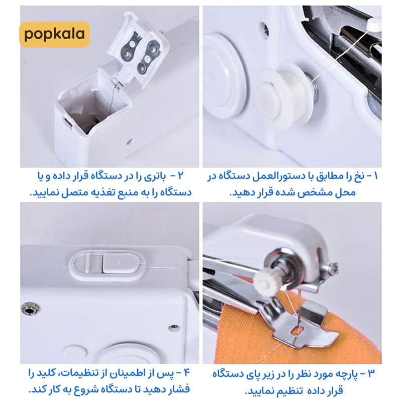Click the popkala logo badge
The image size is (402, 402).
coord(55,35)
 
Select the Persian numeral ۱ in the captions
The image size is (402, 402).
coord(376,176)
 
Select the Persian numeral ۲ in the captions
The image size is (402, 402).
coord(181,176)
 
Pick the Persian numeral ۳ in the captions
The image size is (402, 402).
coord(371,373)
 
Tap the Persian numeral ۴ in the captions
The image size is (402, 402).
coord(186,373)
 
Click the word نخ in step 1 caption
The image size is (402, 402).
coord(358,176)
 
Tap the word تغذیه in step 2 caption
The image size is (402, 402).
coord(85,193)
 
